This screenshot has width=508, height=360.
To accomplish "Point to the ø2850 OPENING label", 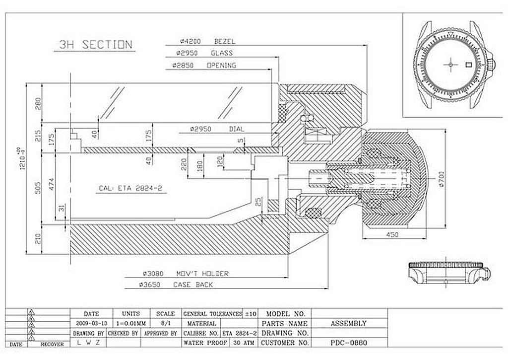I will (204, 65).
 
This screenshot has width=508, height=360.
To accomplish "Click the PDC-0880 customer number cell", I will (349, 343).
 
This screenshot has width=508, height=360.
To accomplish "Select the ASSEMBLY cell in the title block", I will (348, 323).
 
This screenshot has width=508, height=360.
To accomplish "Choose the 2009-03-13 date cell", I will (91, 323).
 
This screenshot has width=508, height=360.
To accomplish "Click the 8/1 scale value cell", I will (165, 323).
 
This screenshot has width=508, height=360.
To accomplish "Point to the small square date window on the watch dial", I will (467, 64).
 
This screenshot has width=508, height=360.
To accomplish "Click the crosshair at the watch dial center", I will (450, 64).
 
